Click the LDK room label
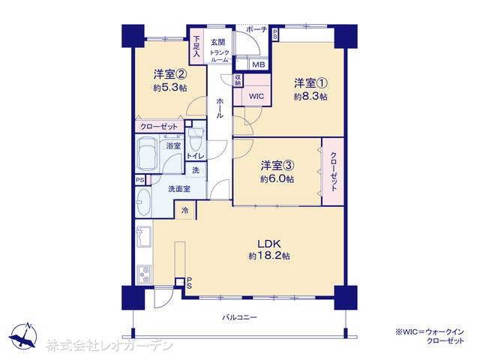(269, 244)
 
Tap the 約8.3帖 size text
(310, 97)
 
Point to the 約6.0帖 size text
(277, 179)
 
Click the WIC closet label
(256, 97)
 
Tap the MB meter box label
(258, 65)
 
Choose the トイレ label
(195, 156)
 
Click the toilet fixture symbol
(195, 138)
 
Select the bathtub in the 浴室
(147, 154)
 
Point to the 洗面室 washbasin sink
(143, 202)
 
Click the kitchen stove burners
(144, 274)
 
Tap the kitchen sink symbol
(143, 237)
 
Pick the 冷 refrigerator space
(185, 210)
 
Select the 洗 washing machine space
(196, 170)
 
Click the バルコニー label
(239, 317)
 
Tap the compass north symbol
(23, 336)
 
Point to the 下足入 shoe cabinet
(196, 46)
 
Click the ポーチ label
(256, 30)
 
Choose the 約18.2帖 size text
(269, 256)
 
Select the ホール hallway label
(220, 108)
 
